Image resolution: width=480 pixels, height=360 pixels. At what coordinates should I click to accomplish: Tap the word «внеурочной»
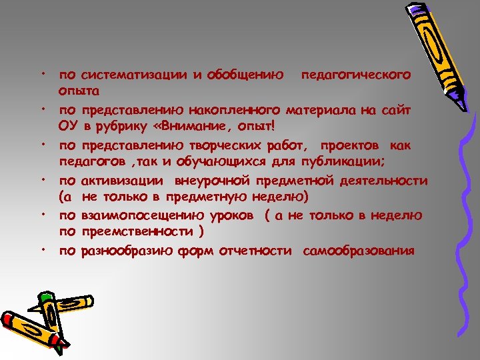point(211,181)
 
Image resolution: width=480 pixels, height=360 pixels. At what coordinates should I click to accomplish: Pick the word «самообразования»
point(358,251)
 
